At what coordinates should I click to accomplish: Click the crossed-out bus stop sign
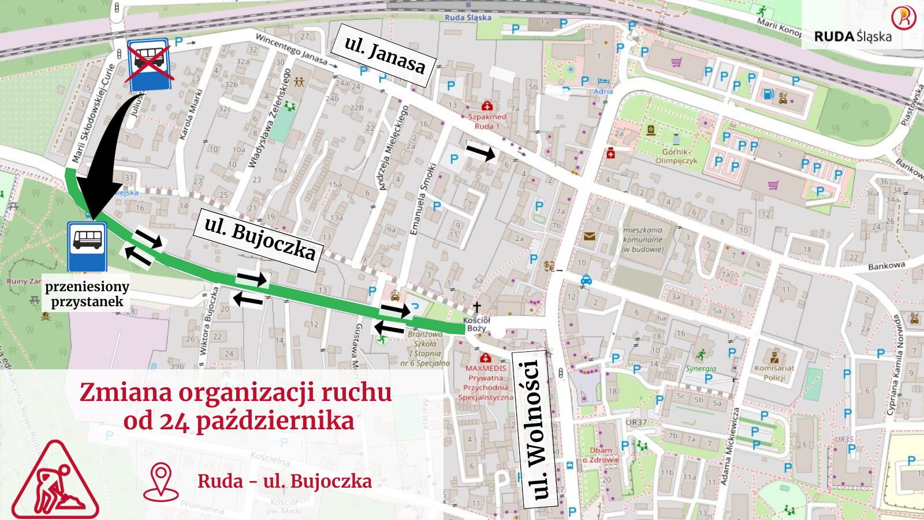point(149,65)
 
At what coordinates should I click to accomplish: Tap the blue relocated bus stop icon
point(87,246)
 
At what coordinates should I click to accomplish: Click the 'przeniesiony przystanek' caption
point(87,294)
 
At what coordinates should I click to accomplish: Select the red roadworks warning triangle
point(55,482)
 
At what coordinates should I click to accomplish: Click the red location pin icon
point(161,481)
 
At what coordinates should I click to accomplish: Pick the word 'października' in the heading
point(274,421)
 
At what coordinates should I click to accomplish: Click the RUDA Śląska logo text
point(852,36)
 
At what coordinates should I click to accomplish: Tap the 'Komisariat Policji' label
point(774,373)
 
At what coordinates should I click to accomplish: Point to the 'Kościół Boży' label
point(476,324)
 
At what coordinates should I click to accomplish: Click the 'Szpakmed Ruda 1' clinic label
point(487,121)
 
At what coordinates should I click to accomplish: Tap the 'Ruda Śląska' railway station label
point(468,18)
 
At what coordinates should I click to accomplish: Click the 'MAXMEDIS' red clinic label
point(486,368)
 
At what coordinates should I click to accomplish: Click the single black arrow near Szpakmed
point(480,153)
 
